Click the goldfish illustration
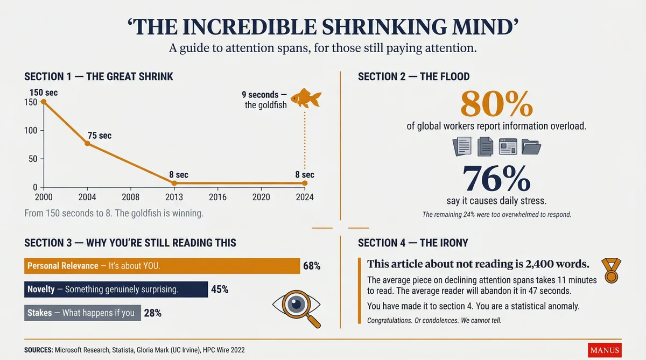[306, 98]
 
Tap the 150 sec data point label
[44, 93]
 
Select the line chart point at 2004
[87, 144]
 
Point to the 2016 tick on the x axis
[217, 197]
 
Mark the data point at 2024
[305, 183]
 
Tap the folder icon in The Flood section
[531, 146]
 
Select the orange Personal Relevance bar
[162, 266]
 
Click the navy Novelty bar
[116, 290]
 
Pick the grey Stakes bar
[82, 313]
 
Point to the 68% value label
[312, 266]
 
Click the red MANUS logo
[605, 350]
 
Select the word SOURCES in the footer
[38, 350]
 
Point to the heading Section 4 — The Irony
[413, 243]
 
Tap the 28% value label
[152, 313]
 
